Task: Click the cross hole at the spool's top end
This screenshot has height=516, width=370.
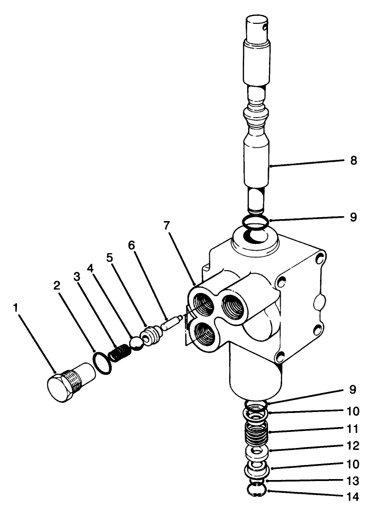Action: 265,28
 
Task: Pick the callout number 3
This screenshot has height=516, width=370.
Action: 76,276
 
